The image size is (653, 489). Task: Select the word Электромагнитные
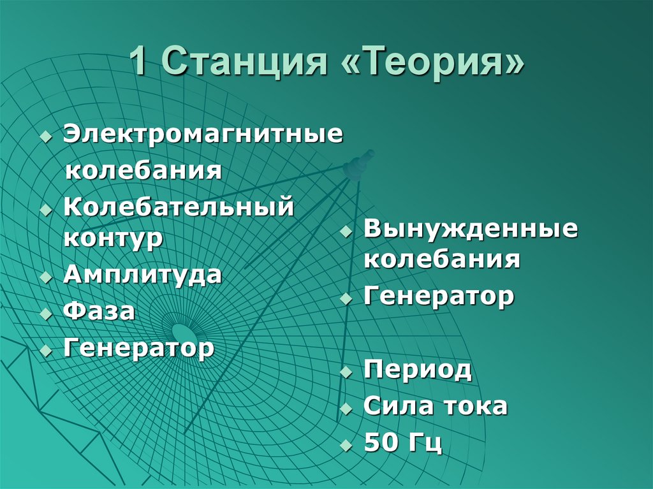203,135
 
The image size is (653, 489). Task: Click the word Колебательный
179,208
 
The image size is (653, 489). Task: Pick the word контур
113,239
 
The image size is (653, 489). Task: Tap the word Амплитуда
142,275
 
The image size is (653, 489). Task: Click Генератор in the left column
138,348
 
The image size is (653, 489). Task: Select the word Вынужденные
471,229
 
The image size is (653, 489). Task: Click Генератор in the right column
439,296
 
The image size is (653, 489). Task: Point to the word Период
418,370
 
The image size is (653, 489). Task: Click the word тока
473,406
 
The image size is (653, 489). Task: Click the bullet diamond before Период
346,372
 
